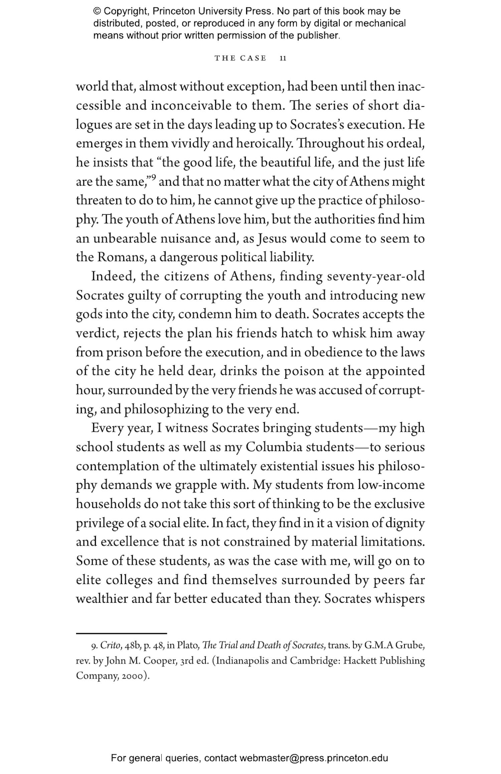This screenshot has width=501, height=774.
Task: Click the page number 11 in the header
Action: point(283,58)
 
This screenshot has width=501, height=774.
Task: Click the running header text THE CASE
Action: point(240,58)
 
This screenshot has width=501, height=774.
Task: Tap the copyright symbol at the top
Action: point(97,11)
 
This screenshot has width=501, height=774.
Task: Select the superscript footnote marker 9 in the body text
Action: point(153,178)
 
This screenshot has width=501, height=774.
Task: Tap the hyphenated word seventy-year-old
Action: point(375,277)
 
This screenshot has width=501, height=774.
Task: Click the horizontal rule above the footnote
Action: point(121,633)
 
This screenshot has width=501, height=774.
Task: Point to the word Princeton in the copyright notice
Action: point(174,11)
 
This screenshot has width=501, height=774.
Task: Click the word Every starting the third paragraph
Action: point(107,428)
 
